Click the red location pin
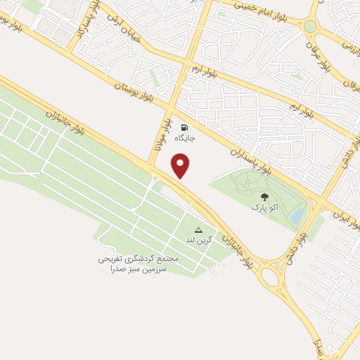(x=181, y=165)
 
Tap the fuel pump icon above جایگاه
(x=185, y=128)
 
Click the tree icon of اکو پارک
(x=264, y=198)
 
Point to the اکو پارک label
(x=264, y=209)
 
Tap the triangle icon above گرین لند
(x=198, y=230)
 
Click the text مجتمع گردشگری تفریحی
(x=139, y=259)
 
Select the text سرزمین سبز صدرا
(x=139, y=269)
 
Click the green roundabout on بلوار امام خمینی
(x=310, y=27)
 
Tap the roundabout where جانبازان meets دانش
(x=271, y=276)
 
